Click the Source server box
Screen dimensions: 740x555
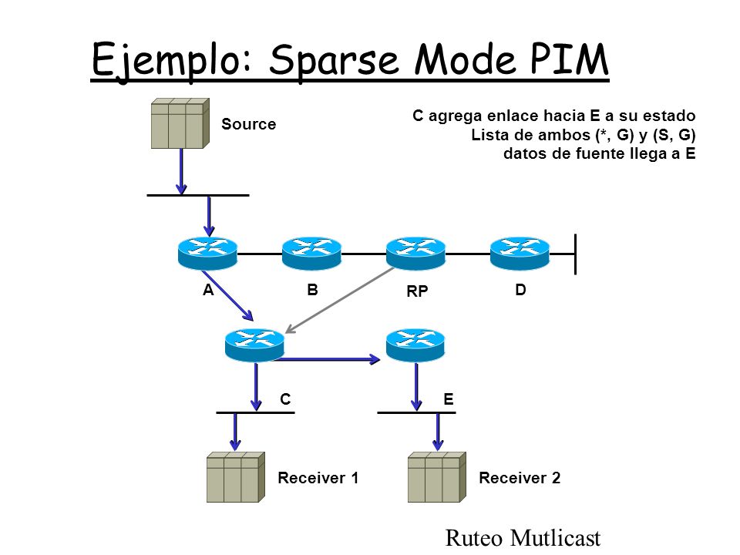click(x=180, y=123)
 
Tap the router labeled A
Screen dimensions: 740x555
click(x=207, y=254)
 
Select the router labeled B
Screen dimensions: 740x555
click(x=311, y=254)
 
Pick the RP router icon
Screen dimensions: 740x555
click(x=415, y=254)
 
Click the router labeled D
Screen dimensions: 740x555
click(x=520, y=254)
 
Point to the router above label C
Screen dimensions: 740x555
click(x=255, y=345)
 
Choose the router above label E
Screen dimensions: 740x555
click(x=415, y=345)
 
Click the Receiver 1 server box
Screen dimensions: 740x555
click(x=236, y=477)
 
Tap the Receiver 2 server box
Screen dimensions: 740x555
click(x=437, y=477)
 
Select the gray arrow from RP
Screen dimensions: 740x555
click(x=340, y=300)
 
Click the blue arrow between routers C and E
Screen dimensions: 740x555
click(x=328, y=360)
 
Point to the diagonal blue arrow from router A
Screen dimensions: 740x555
click(x=228, y=295)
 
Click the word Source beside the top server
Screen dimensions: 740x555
click(x=249, y=124)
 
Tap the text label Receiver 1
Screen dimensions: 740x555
click(x=318, y=478)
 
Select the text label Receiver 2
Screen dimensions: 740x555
click(x=520, y=478)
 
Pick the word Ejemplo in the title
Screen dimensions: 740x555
click(x=173, y=62)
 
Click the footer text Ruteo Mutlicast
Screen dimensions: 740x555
click(x=523, y=537)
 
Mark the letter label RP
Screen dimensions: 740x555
click(x=417, y=291)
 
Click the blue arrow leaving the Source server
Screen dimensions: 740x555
click(x=180, y=171)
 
